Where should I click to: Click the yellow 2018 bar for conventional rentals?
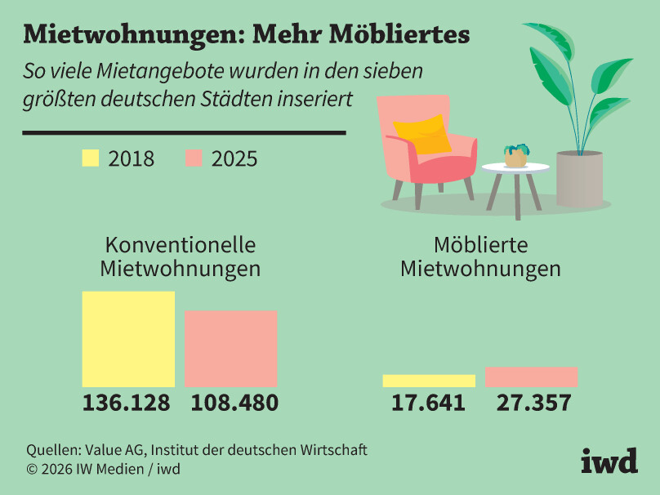tap(128, 339)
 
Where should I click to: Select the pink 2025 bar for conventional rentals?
tap(230, 349)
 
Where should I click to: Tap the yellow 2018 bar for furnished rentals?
tap(429, 381)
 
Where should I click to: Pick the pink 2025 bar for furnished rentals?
tap(531, 377)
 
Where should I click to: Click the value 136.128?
tap(127, 403)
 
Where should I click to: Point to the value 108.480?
tap(234, 403)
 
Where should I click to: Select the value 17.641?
tap(429, 403)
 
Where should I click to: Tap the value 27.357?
tap(531, 403)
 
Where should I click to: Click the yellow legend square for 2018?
tap(90, 158)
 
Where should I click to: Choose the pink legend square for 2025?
tap(194, 158)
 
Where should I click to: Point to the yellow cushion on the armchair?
tap(422, 133)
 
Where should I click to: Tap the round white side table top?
tap(515, 168)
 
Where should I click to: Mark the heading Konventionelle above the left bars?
tap(181, 245)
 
